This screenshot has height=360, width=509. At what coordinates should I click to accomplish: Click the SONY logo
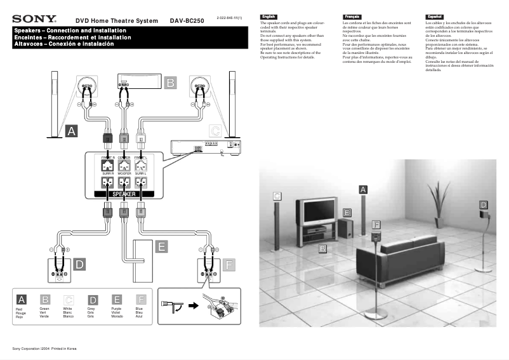[x=34, y=20]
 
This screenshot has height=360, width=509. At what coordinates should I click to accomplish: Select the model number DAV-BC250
[x=187, y=21]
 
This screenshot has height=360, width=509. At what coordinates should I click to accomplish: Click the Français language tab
[x=350, y=16]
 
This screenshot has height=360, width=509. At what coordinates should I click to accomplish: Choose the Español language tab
[x=434, y=16]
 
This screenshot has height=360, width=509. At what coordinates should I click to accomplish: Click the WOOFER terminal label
[x=124, y=173]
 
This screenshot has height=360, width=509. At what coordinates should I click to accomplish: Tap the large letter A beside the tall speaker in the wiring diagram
[x=71, y=131]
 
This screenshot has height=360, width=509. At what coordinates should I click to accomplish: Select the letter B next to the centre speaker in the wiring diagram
[x=170, y=83]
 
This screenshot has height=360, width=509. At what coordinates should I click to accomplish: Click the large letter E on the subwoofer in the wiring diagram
[x=161, y=246]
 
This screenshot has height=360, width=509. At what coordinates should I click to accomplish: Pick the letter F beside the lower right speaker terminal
[x=229, y=263]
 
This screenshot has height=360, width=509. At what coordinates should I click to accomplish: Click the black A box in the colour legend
[x=21, y=299]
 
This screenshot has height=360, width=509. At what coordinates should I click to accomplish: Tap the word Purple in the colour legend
[x=116, y=309]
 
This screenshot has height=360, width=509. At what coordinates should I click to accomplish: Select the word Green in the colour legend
[x=44, y=309]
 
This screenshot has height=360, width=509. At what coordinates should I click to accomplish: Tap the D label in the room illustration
[x=483, y=204]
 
